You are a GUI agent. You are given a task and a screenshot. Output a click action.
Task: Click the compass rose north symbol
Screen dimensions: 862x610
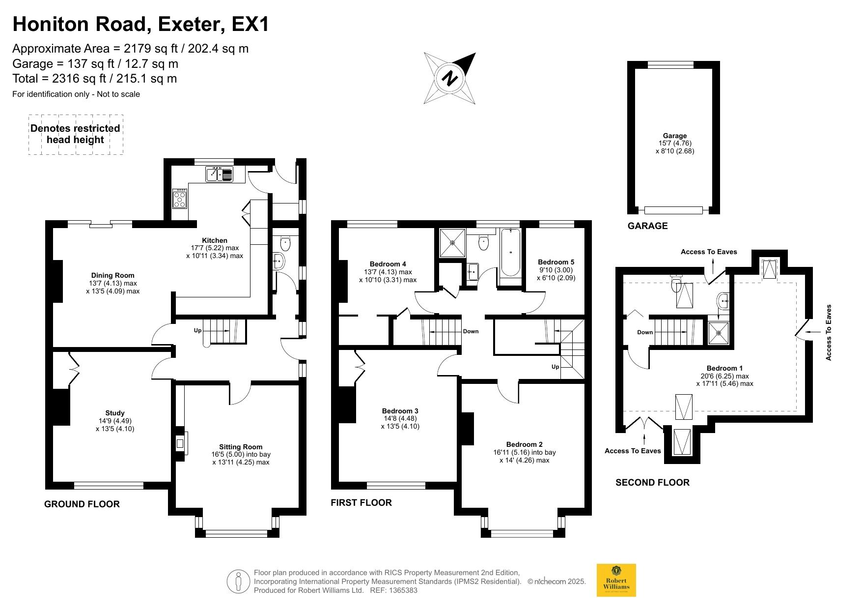pos(450,78)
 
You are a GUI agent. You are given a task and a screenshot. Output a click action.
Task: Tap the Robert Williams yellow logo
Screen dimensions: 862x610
pos(616,580)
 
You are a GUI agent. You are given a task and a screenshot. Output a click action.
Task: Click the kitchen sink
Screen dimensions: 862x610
pos(219,174)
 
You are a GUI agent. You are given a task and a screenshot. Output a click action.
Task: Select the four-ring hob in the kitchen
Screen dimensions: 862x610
pos(180,199)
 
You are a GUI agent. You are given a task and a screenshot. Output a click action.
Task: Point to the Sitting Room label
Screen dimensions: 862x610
pos(241,447)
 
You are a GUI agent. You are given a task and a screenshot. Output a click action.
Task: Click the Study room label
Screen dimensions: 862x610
pos(115,413)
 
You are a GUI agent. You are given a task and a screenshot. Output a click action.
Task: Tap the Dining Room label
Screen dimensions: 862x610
pos(112,275)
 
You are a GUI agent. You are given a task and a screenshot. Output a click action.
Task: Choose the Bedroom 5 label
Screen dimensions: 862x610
pos(556,262)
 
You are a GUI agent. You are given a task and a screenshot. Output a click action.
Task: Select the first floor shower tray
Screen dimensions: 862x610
pos(452,242)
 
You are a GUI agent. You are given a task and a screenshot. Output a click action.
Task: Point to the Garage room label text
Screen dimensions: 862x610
pos(675,136)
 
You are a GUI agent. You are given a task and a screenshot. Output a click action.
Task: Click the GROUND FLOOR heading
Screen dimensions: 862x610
pos(82,504)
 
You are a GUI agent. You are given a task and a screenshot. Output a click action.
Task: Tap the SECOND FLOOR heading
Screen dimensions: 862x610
pos(652,483)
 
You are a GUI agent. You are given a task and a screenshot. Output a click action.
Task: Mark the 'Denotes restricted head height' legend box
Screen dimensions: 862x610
pos(76,135)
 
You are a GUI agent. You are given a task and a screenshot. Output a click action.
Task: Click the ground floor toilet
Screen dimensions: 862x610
pos(285,243)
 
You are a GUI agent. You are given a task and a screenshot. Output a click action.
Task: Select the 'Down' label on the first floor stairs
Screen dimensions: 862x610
pos(471,331)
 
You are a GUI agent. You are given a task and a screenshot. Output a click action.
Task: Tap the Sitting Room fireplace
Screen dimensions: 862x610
pos(180,443)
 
